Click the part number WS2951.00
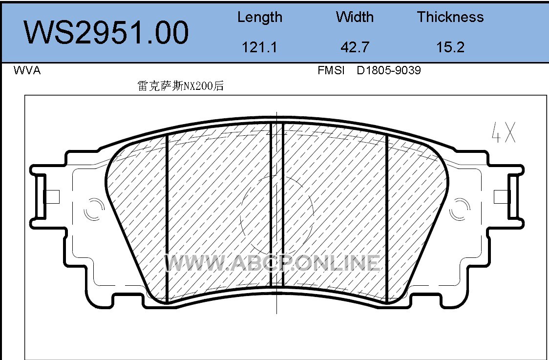click(x=106, y=33)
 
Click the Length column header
click(x=260, y=17)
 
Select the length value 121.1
click(x=259, y=47)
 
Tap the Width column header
click(x=355, y=17)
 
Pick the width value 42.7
click(x=355, y=47)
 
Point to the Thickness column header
click(x=450, y=17)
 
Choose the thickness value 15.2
click(x=450, y=47)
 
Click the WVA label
click(x=27, y=70)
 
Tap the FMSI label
click(x=331, y=70)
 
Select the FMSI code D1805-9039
click(x=389, y=70)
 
